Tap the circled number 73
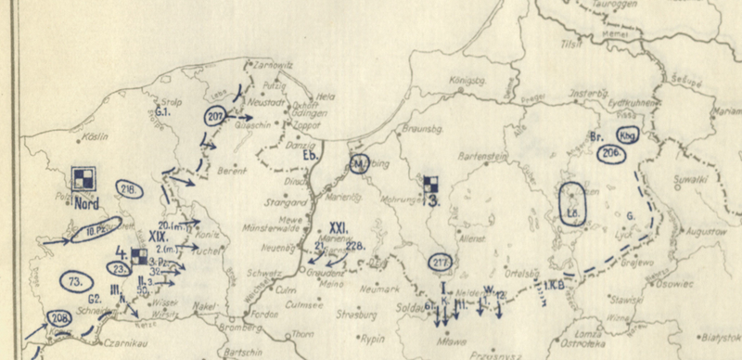75,279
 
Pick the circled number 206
610,153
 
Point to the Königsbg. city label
467,81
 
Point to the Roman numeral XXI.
338,227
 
